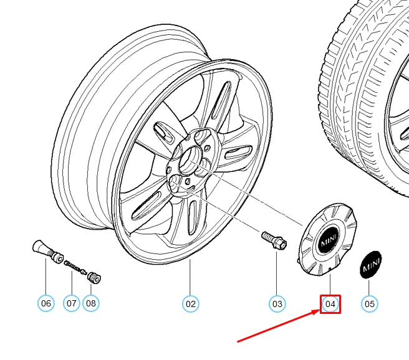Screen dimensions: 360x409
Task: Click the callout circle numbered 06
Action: [x=46, y=304]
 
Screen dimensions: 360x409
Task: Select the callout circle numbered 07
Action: [x=71, y=304]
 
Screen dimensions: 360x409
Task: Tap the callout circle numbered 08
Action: [x=91, y=304]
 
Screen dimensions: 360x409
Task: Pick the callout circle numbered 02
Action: [x=190, y=304]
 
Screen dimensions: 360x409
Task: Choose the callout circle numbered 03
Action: [x=277, y=304]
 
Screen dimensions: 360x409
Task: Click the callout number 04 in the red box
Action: [x=330, y=304]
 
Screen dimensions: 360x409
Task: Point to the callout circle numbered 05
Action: [x=369, y=304]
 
